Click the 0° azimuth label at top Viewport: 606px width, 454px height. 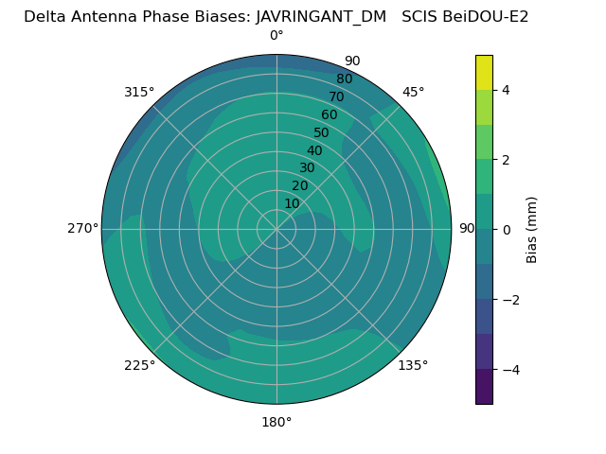[276, 36]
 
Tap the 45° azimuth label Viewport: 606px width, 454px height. [413, 92]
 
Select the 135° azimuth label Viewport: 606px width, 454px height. [413, 365]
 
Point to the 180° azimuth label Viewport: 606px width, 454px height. [276, 422]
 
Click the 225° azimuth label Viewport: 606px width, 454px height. [139, 365]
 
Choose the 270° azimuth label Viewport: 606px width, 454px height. [83, 228]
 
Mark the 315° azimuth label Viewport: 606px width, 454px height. [139, 92]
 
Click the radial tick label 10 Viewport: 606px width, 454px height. [292, 203]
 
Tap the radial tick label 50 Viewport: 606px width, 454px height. [322, 132]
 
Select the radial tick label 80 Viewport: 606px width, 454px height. [344, 79]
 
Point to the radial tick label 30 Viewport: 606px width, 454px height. [307, 168]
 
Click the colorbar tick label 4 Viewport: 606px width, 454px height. [507, 90]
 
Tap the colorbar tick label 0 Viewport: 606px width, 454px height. [507, 229]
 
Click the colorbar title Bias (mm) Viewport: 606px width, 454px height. [532, 229]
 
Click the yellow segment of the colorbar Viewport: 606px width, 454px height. [484, 72]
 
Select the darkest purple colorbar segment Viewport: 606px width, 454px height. [484, 386]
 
